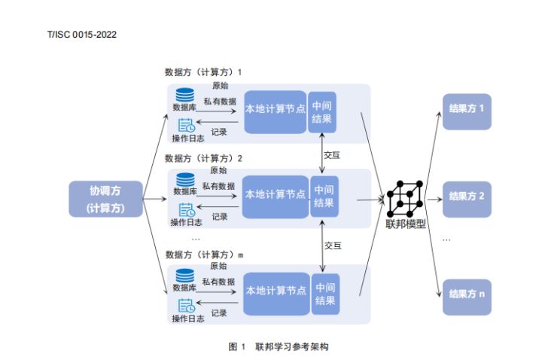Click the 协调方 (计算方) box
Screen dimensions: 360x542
tap(106, 199)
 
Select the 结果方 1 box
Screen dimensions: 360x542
tap(465, 109)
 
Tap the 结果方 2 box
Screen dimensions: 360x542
tap(465, 196)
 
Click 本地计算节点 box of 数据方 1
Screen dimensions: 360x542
tap(276, 110)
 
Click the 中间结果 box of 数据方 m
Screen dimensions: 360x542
tap(325, 293)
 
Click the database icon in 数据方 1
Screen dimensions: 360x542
tap(184, 96)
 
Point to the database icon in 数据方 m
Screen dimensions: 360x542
tap(184, 276)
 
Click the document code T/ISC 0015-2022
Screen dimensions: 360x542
tap(82, 35)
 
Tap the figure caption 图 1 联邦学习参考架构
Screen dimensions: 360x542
tap(279, 347)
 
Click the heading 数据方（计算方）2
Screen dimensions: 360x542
tap(203, 159)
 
